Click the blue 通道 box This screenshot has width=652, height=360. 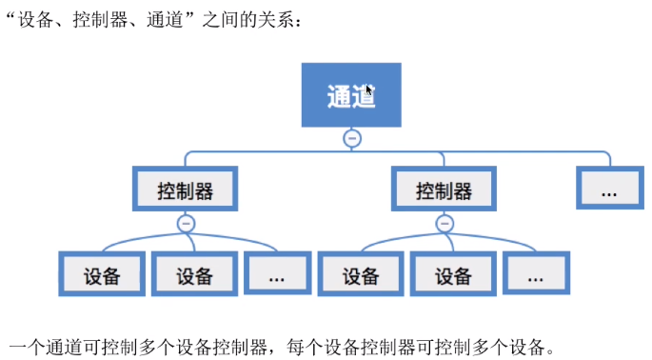click(x=351, y=95)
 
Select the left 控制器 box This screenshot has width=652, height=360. click(x=185, y=189)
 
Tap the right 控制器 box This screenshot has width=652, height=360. click(x=444, y=189)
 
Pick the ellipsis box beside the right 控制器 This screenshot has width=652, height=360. click(x=610, y=188)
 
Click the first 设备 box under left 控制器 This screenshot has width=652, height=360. click(x=102, y=274)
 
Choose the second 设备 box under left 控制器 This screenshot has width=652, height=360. click(x=194, y=274)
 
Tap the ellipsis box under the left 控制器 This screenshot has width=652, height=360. click(x=277, y=273)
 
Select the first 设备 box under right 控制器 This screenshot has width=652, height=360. click(x=361, y=274)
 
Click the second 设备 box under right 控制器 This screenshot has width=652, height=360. click(x=453, y=274)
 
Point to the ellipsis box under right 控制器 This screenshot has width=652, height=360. click(x=537, y=273)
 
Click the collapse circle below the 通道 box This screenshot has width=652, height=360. click(x=352, y=138)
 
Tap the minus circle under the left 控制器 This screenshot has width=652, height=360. click(x=186, y=224)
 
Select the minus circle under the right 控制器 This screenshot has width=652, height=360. click(x=445, y=224)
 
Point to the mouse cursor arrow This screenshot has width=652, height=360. click(x=368, y=90)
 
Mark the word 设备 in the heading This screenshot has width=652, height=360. click(x=35, y=19)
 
